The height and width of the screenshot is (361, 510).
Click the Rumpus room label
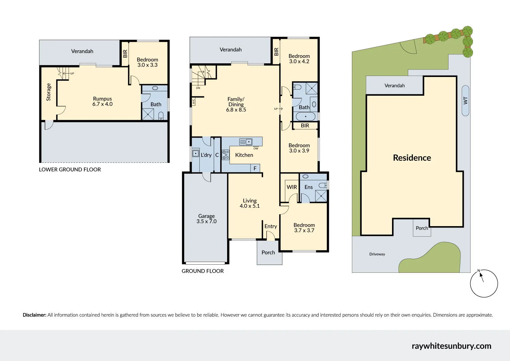click(102, 101)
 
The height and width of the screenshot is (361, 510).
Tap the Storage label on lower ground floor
click(49, 92)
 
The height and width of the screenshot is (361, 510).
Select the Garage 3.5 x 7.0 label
click(206, 219)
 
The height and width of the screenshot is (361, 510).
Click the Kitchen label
click(244, 155)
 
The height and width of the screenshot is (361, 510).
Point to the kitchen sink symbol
click(246, 142)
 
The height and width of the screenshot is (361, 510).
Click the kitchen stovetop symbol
click(225, 155)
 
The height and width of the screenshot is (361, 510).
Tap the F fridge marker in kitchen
click(255, 168)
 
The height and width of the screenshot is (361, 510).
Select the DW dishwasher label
click(256, 148)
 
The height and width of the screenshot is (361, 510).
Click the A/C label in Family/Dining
click(193, 101)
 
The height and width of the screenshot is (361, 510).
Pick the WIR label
click(292, 187)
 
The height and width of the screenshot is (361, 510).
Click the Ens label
click(308, 187)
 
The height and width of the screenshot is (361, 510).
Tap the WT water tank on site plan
click(465, 100)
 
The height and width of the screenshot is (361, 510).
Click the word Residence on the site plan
click(412, 158)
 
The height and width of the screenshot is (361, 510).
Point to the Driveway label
click(377, 254)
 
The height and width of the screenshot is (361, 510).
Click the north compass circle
click(484, 283)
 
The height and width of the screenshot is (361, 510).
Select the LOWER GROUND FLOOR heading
click(70, 170)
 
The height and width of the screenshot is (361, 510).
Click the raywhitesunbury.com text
click(451, 346)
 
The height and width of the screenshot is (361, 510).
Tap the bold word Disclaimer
click(34, 315)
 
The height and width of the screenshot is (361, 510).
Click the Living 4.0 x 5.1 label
click(250, 203)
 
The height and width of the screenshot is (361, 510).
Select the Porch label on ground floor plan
click(268, 252)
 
